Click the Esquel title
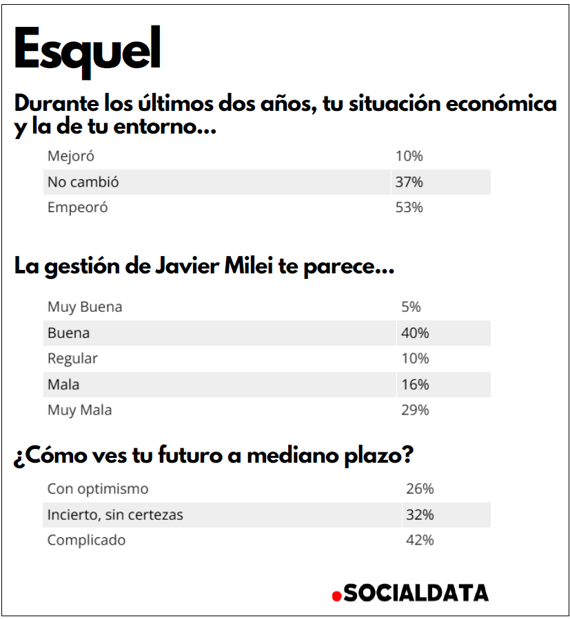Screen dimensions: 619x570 click(87, 50)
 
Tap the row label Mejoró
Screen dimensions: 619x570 click(70, 156)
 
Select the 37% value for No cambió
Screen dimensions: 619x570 click(409, 182)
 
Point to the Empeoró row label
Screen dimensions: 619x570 click(77, 207)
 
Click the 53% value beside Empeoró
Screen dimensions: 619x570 click(409, 207)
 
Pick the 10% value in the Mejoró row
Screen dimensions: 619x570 click(409, 156)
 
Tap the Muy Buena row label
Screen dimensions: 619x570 click(85, 307)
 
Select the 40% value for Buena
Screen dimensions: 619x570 click(415, 333)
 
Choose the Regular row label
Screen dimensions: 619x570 click(72, 359)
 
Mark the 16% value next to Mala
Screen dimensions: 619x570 click(415, 384)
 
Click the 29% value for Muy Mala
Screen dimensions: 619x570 click(415, 410)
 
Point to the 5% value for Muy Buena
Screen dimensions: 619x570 click(411, 307)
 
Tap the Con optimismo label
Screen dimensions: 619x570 click(97, 489)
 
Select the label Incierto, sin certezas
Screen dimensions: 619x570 click(115, 514)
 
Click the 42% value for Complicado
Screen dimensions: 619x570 click(420, 541)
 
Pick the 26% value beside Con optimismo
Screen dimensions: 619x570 click(420, 489)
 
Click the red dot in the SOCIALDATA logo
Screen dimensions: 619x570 click(336, 596)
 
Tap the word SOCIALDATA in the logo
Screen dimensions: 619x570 click(416, 593)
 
